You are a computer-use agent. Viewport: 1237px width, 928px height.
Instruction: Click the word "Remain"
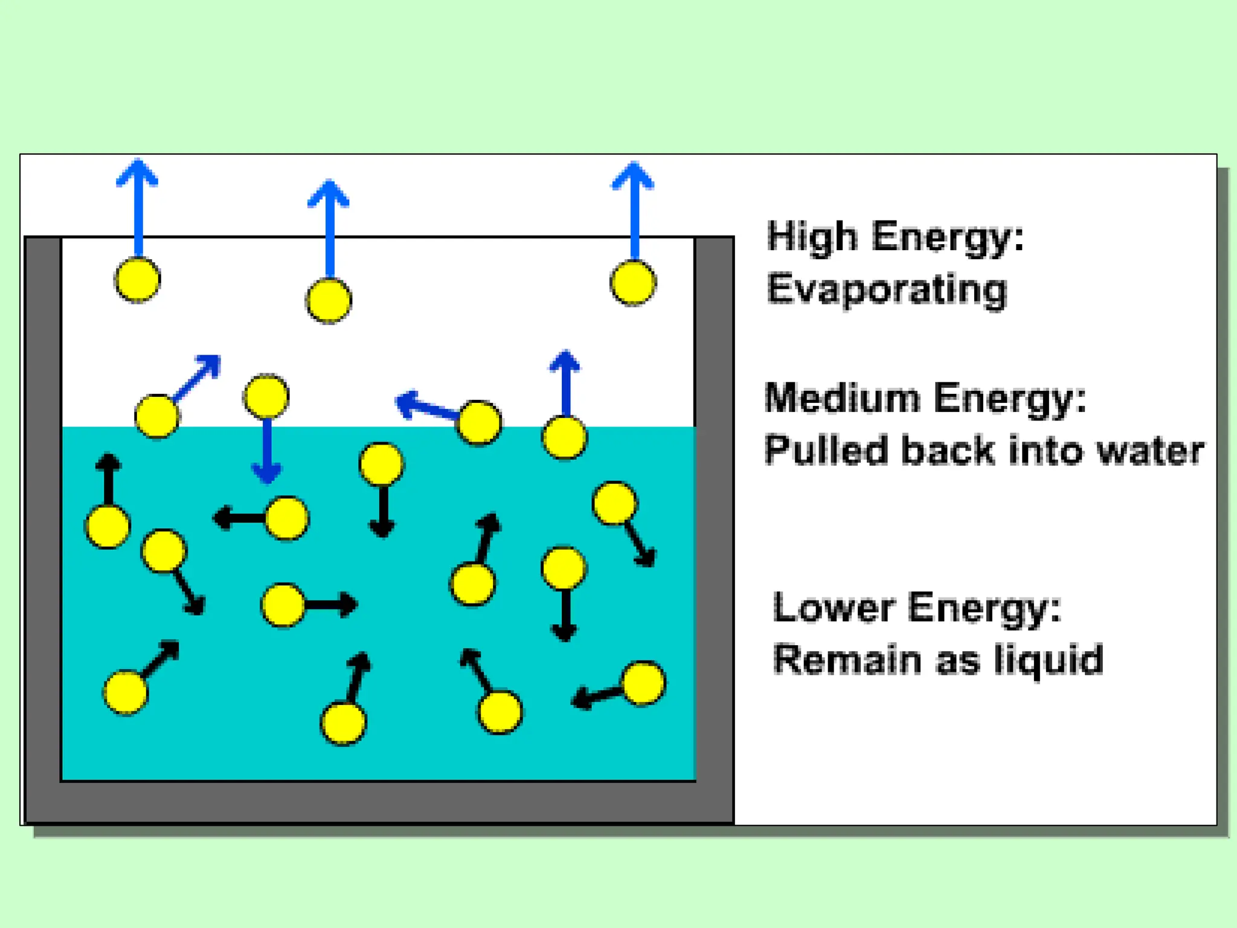coord(847,660)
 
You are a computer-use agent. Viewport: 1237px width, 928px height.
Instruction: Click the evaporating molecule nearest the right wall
coord(632,283)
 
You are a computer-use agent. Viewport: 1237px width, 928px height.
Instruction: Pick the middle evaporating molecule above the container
coord(329,300)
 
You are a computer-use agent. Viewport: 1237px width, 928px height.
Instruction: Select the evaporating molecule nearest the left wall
coord(137,280)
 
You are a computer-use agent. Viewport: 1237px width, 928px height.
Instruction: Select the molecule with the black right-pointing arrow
coord(283,605)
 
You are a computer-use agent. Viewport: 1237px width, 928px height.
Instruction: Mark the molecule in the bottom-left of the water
coord(126,692)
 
